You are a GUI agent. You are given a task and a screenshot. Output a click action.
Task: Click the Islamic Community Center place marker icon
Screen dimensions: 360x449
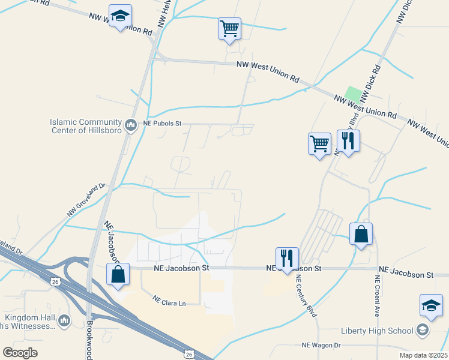pos(131,126)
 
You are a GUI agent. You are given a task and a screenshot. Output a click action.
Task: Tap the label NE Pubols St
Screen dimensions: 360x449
pos(162,124)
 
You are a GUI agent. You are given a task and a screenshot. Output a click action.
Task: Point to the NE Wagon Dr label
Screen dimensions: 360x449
pos(321,345)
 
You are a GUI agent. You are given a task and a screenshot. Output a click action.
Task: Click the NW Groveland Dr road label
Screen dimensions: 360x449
pos(86,199)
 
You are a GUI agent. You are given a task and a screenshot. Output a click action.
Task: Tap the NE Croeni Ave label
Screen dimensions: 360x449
pos(378,296)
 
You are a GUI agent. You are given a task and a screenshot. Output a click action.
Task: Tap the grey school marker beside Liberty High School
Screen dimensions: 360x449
pos(423,330)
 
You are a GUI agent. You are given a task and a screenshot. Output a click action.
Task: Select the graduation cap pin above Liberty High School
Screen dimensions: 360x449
pos(431,306)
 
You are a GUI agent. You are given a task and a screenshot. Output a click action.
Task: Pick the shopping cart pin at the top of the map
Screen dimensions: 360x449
pos(229,28)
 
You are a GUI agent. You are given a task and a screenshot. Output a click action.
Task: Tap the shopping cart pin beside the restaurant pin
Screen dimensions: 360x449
pos(319,143)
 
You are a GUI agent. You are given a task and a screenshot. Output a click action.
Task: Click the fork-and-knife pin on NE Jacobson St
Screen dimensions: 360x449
pos(287,259)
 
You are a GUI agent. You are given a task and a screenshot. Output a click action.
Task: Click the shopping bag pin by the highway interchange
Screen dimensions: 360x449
pos(118,274)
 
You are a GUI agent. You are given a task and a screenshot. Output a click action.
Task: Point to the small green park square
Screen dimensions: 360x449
pos(354,95)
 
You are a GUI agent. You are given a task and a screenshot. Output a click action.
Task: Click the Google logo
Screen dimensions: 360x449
pos(20,353)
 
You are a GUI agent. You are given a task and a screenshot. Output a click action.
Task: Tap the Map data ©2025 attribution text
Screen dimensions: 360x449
pos(423,355)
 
